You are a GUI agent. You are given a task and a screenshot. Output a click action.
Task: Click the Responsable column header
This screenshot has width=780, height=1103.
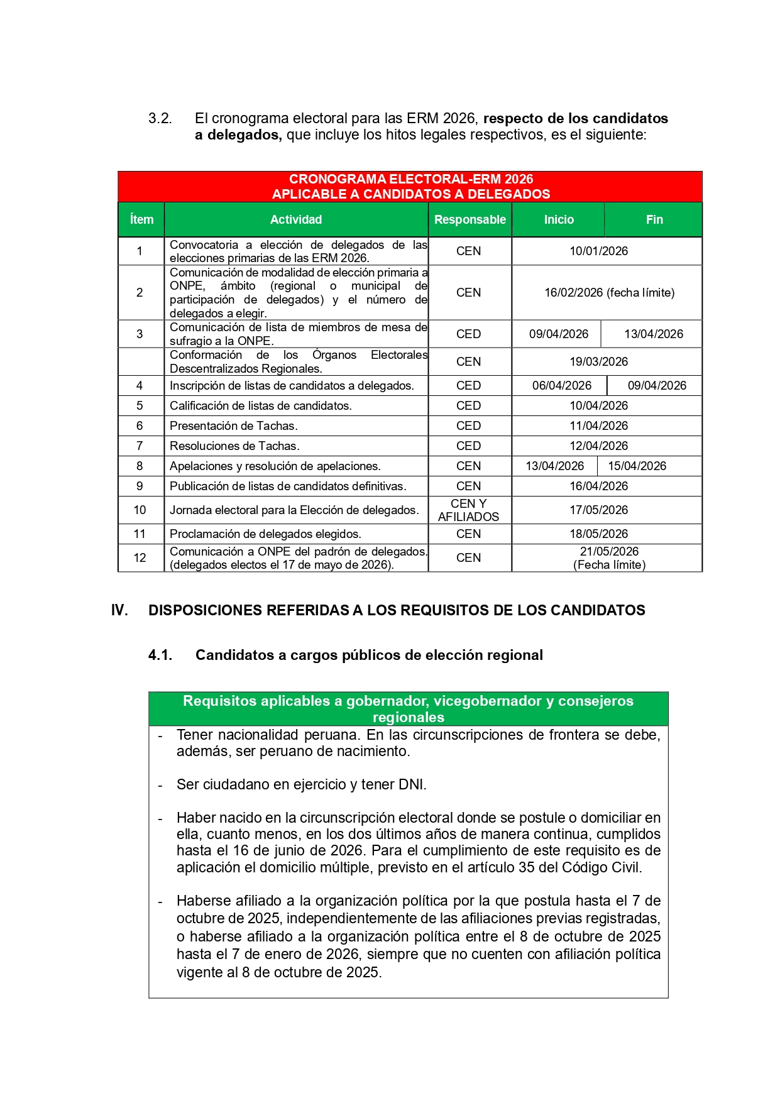click(470, 219)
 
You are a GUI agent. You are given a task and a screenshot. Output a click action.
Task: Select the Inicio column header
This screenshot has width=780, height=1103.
click(558, 219)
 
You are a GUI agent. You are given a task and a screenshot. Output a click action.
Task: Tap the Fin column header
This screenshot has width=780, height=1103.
click(654, 219)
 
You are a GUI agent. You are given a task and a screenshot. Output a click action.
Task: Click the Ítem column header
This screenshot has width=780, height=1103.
click(141, 219)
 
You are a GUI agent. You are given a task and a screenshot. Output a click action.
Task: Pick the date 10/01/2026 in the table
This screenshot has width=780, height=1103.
click(598, 251)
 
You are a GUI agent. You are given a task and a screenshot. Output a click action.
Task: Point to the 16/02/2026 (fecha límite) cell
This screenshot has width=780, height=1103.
click(609, 292)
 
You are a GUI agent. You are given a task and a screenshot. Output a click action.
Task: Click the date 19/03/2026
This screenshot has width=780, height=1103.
click(598, 361)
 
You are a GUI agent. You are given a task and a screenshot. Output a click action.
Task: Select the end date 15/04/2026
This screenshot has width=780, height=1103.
click(637, 466)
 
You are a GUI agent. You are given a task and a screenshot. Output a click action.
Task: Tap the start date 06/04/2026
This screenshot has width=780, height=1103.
click(561, 385)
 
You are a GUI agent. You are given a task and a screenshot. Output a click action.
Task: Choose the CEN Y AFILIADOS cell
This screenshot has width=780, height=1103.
click(468, 510)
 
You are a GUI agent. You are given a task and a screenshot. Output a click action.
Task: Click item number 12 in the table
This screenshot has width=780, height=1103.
click(140, 557)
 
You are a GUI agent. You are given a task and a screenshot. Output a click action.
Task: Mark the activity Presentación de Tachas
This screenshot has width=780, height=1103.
click(233, 425)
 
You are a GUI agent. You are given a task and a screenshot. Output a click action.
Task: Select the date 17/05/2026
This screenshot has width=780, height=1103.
click(598, 510)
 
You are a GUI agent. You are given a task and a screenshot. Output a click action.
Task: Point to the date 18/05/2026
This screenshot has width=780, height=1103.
click(598, 534)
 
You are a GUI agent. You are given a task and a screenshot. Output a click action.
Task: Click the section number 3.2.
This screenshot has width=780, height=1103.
click(160, 118)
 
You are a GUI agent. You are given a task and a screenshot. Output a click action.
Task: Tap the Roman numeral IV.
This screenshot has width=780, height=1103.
click(119, 610)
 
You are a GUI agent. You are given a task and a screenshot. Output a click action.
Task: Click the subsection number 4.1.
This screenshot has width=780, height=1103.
click(160, 655)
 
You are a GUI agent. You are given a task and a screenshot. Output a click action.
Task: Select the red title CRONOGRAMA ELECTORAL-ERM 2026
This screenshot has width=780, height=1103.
click(410, 179)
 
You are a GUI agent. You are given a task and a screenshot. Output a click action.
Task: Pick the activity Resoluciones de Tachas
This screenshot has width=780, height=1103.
click(234, 446)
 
